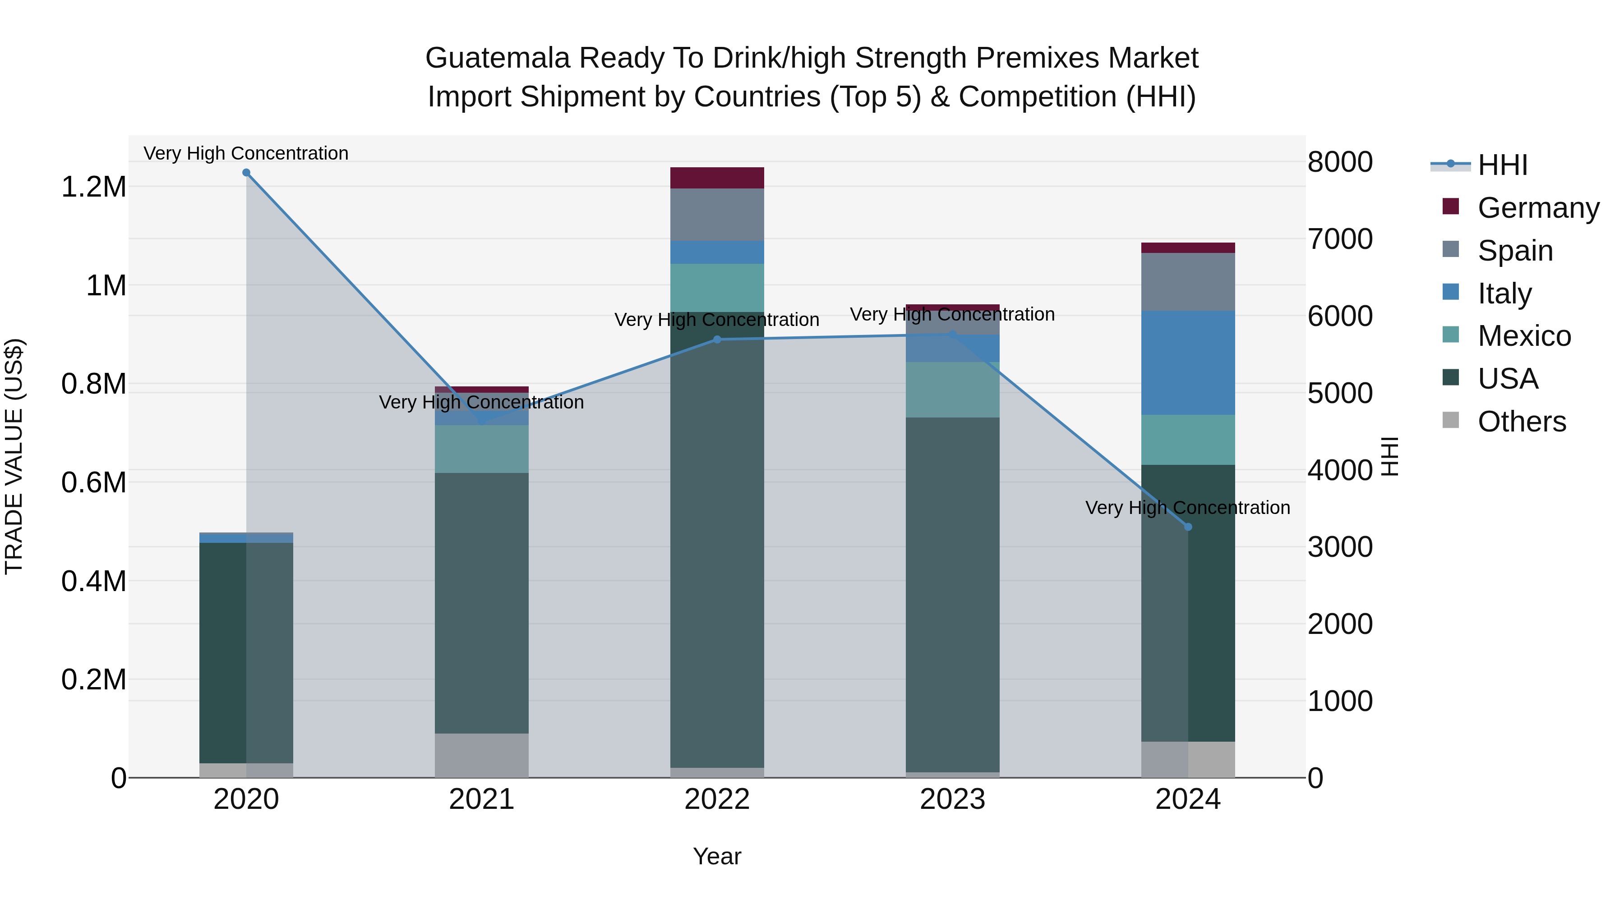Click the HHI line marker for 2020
[246, 173]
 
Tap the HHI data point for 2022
[717, 340]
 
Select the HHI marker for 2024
[1188, 527]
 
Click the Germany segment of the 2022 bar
[717, 178]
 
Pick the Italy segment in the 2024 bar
[1188, 362]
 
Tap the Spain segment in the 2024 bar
[1188, 282]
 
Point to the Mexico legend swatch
[1451, 335]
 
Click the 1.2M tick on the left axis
[93, 187]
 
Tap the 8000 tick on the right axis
[1340, 162]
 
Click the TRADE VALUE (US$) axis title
[14, 456]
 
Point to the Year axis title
[717, 856]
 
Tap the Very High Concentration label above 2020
[246, 153]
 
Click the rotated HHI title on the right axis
[1389, 456]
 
